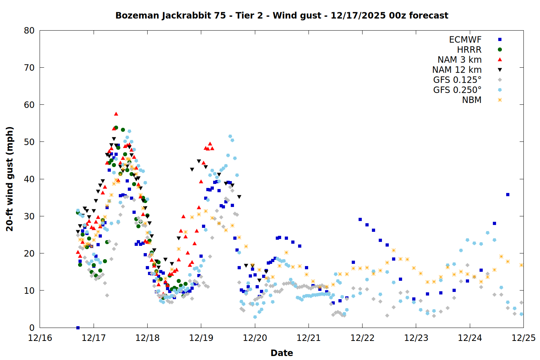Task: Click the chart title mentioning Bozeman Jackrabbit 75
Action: [x=282, y=15]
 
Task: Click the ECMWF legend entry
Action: [x=465, y=40]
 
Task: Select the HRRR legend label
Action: [x=469, y=50]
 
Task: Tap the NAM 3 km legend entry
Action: [x=459, y=60]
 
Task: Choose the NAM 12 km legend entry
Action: [x=457, y=70]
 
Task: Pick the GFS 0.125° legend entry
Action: [x=457, y=80]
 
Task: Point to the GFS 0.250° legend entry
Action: [x=457, y=90]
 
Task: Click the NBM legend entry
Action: [x=472, y=100]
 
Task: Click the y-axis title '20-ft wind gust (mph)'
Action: [x=10, y=179]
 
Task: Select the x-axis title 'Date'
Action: [x=282, y=353]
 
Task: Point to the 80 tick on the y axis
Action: [x=29, y=31]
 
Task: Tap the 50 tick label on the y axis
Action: [x=29, y=142]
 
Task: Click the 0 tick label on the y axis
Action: [x=32, y=328]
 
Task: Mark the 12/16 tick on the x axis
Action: [x=40, y=338]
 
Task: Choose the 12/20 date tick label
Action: [x=255, y=338]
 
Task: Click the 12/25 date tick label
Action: [x=523, y=338]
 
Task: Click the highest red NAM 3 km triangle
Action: [x=116, y=114]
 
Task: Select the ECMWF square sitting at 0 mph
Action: [x=78, y=328]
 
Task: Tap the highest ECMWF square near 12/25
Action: [x=508, y=194]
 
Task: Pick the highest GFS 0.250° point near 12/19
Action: [x=230, y=136]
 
